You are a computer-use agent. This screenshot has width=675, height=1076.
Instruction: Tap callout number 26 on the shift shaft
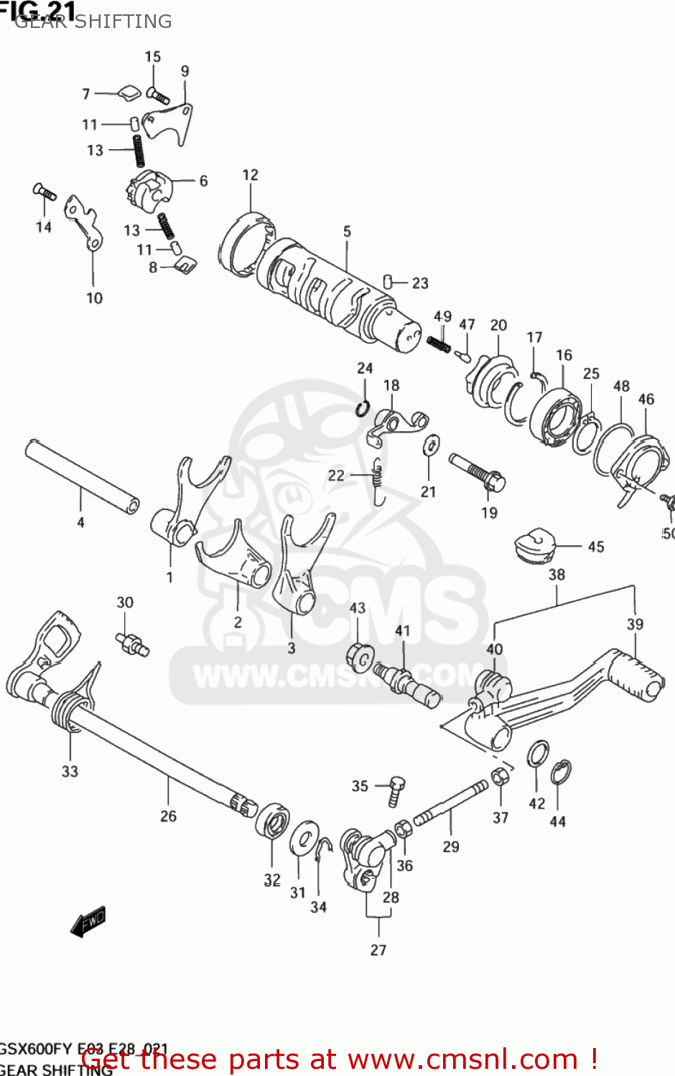click(168, 816)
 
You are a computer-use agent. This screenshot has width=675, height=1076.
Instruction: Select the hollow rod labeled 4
click(81, 476)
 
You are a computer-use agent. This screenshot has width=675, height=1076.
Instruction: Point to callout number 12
click(250, 175)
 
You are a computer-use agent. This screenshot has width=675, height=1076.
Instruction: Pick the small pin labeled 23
click(388, 280)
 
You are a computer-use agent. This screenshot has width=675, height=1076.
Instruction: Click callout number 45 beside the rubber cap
click(596, 547)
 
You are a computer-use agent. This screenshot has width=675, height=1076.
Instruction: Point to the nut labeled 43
click(360, 657)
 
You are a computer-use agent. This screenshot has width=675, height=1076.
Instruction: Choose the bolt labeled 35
click(396, 790)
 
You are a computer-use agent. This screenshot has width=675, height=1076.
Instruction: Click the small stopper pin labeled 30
click(132, 642)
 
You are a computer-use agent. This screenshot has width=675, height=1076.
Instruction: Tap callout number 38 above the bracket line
click(557, 575)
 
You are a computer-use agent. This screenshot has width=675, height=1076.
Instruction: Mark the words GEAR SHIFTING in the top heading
click(93, 22)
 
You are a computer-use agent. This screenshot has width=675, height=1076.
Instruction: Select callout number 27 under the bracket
click(378, 950)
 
